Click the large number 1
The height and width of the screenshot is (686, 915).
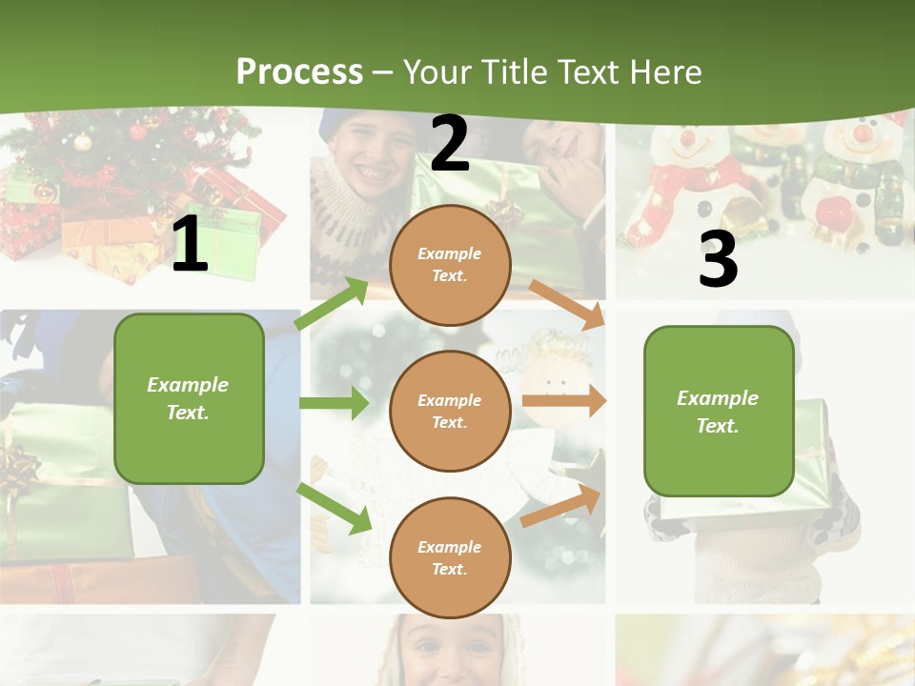pos(190,245)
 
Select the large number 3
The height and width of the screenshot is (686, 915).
pos(718,259)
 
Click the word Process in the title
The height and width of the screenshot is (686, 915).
pos(299,71)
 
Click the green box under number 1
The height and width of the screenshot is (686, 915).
pos(189,398)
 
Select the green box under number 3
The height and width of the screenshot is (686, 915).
pos(719,411)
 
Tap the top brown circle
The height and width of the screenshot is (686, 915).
pos(450,265)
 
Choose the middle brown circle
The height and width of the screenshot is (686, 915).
pos(450,411)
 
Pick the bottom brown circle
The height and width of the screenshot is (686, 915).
pos(450,557)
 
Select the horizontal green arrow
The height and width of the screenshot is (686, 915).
pos(334,403)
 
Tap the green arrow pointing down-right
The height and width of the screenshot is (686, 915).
pos(335,508)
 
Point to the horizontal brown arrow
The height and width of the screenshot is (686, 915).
pos(564,400)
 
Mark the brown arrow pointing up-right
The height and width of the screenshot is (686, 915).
pos(562,506)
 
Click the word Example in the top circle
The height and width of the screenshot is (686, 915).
pos(450,254)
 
